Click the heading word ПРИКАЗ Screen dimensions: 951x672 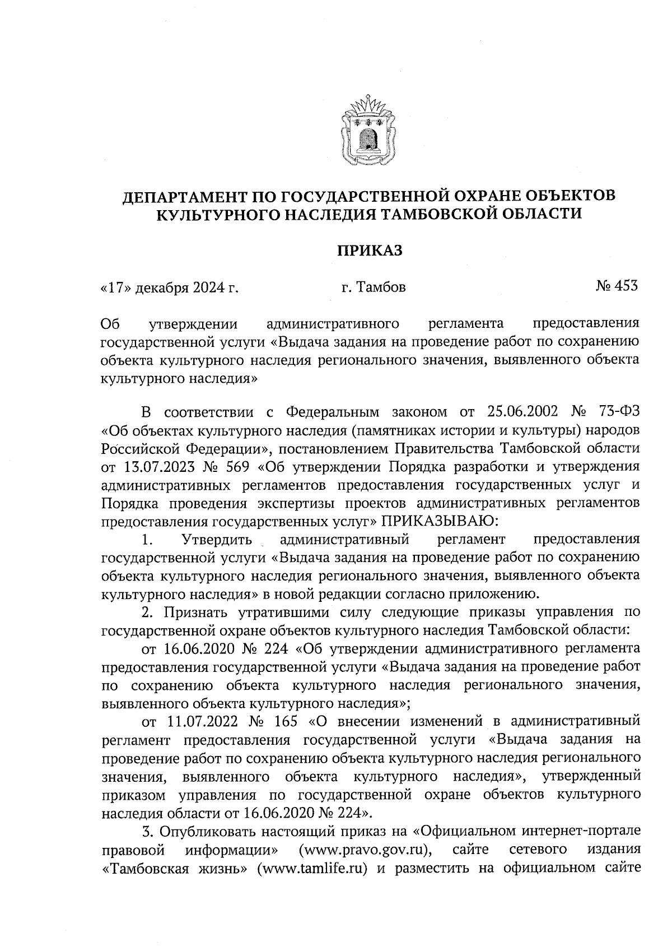369,250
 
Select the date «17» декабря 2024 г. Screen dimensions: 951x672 169,288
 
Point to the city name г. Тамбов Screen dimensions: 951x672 374,288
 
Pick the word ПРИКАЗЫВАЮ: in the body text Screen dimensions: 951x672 439,521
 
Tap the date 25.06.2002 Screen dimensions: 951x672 521,412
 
